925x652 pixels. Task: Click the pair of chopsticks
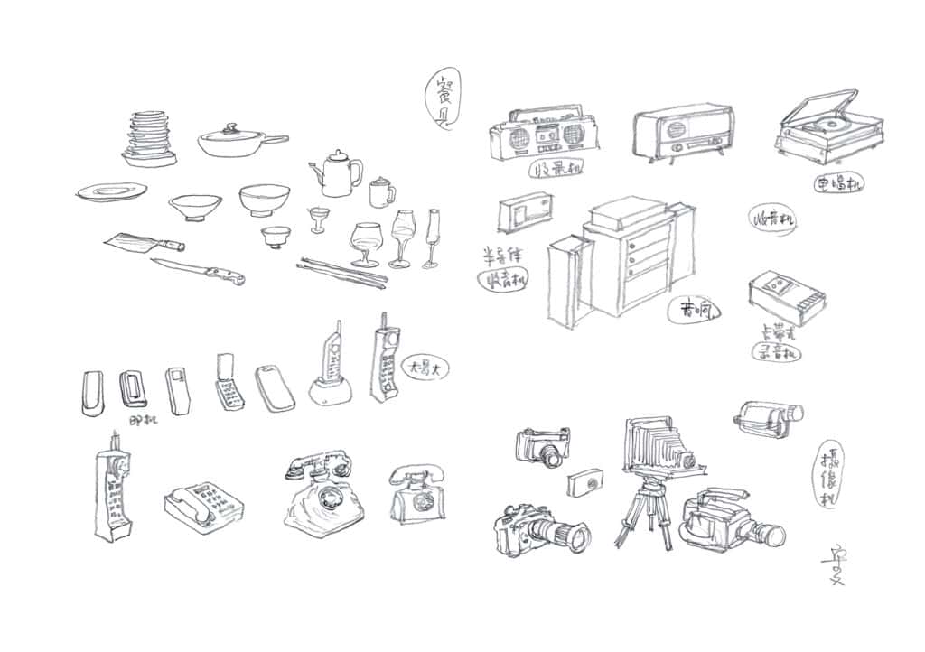[x=341, y=270]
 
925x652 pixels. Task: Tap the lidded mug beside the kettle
[x=381, y=192]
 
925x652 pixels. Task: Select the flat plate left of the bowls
[x=111, y=191]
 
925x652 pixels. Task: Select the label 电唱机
[x=838, y=184]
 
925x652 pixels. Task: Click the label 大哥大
[x=422, y=368]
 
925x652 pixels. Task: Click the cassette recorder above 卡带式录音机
[x=786, y=298]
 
